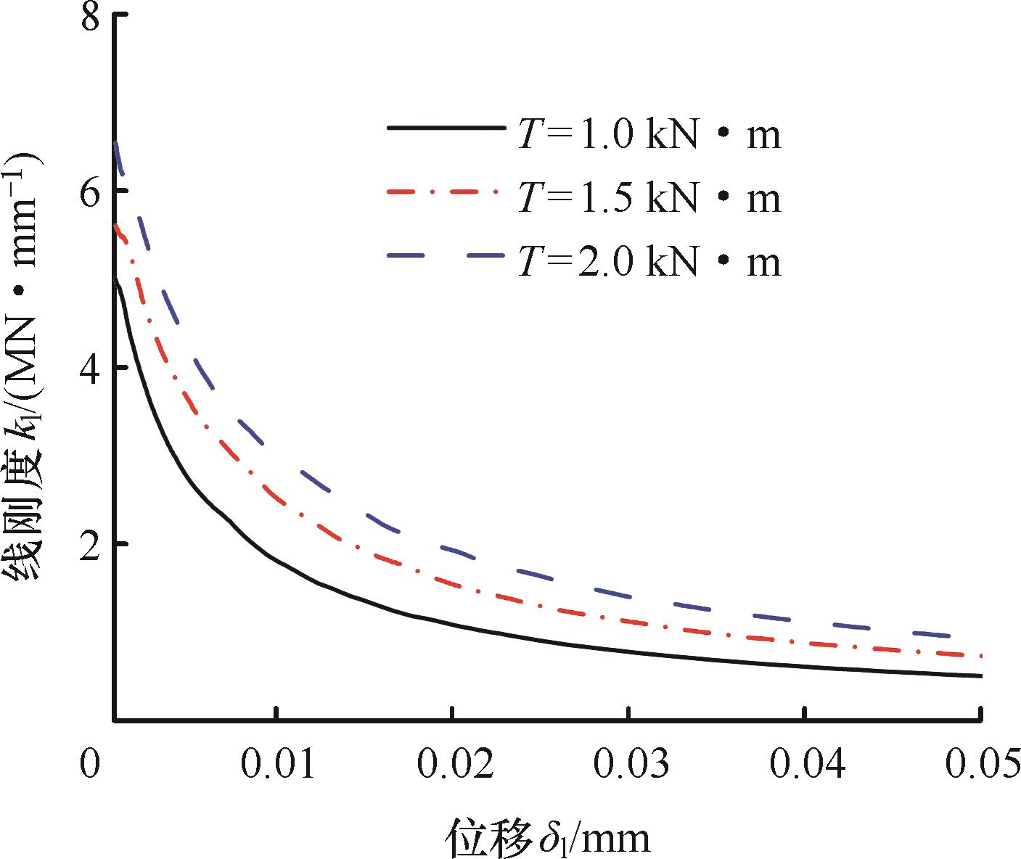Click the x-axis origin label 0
pyautogui.click(x=89, y=766)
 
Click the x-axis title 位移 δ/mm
pyautogui.click(x=547, y=839)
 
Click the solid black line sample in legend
pyautogui.click(x=446, y=128)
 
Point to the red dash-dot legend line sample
pyautogui.click(x=446, y=192)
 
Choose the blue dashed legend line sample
pyautogui.click(x=446, y=255)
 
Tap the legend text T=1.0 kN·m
pyautogui.click(x=649, y=135)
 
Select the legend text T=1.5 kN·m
pyautogui.click(x=649, y=198)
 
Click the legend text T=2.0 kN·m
pyautogui.click(x=649, y=261)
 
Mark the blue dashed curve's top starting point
pyautogui.click(x=116, y=144)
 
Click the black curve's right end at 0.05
pyautogui.click(x=980, y=676)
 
